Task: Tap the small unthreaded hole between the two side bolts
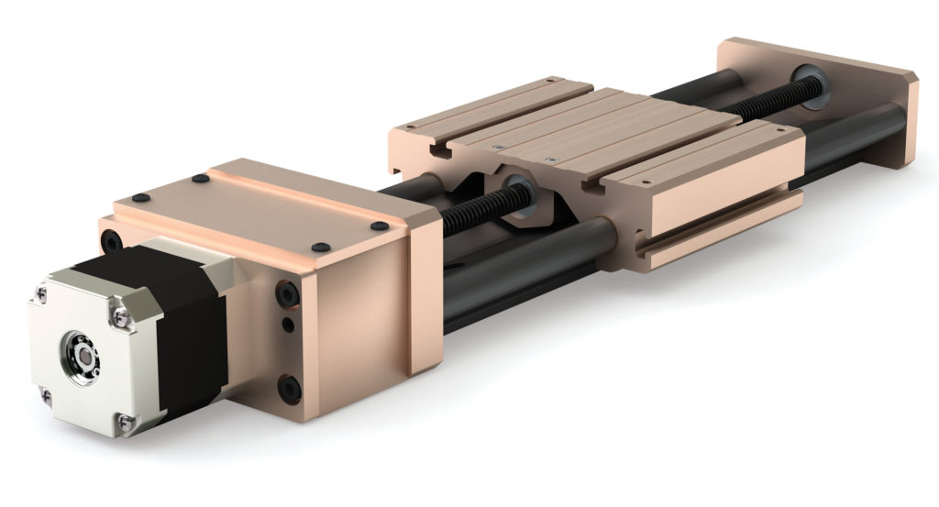pos(288,325)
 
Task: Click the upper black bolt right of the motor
pos(287,294)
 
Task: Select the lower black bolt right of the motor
pos(291,389)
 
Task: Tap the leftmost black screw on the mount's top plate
pos(138,197)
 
